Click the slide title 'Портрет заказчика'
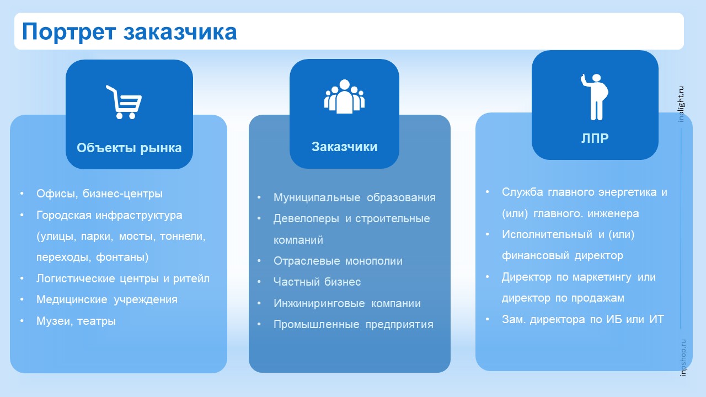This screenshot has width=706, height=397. pyautogui.click(x=129, y=32)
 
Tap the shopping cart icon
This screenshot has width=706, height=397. pyautogui.click(x=124, y=102)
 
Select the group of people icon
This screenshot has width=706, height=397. pyautogui.click(x=344, y=96)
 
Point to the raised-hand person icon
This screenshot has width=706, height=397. pyautogui.click(x=595, y=96)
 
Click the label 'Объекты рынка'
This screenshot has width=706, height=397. pyautogui.click(x=129, y=148)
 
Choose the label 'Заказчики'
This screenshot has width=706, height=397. pyautogui.click(x=345, y=147)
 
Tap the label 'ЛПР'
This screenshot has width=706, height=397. pyautogui.click(x=595, y=138)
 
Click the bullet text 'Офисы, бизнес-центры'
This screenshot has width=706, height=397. pyautogui.click(x=99, y=194)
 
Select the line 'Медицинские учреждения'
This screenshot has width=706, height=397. pyautogui.click(x=107, y=299)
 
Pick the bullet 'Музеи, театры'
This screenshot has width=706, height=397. pyautogui.click(x=76, y=321)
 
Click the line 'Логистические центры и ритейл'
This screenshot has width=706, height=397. pyautogui.click(x=123, y=278)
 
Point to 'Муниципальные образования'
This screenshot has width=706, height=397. pyautogui.click(x=355, y=197)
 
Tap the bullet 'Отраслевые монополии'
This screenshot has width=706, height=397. pyautogui.click(x=338, y=261)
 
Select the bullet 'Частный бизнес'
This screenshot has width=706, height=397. pyautogui.click(x=317, y=282)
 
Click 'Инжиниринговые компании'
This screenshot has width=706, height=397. pyautogui.click(x=347, y=303)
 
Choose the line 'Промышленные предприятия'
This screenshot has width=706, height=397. pyautogui.click(x=354, y=325)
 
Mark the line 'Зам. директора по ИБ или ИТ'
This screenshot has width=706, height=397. pyautogui.click(x=583, y=319)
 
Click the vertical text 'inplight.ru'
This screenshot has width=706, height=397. pyautogui.click(x=681, y=104)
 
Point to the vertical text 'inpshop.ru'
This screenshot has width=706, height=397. pyautogui.click(x=683, y=358)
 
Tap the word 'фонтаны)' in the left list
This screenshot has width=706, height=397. pyautogui.click(x=122, y=257)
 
